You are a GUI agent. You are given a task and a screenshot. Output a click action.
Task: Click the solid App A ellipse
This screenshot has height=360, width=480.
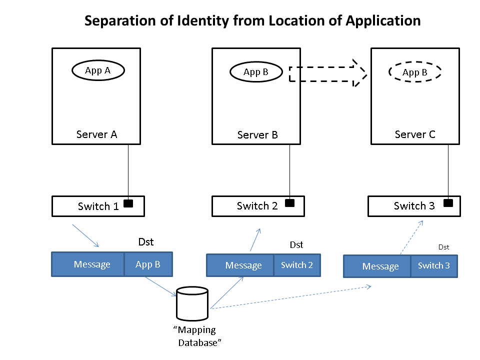98,70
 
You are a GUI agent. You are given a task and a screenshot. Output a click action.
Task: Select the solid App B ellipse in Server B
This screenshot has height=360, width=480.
255,72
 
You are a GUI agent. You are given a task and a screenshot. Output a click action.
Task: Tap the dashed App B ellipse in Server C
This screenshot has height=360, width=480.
415,72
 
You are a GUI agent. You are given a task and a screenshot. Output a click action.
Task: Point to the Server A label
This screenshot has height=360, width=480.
96,134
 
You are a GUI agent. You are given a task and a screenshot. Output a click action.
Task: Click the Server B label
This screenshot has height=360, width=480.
257,135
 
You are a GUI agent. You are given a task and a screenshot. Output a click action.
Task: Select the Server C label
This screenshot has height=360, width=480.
415,134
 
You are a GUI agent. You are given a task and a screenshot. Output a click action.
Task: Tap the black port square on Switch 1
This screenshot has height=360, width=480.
128,203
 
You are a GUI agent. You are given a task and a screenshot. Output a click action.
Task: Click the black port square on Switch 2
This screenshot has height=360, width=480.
289,203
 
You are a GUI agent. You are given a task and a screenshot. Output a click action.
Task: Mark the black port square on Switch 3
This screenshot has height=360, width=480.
448,203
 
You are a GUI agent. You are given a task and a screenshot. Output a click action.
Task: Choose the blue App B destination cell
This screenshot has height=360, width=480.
148,264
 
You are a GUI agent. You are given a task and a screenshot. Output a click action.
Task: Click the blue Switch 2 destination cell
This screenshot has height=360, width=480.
296,265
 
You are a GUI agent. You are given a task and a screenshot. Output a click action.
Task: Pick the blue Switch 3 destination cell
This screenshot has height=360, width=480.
433,266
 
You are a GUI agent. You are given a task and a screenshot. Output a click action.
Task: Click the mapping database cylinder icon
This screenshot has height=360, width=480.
192,304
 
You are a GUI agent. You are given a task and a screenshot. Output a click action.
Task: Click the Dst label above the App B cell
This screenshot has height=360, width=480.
146,242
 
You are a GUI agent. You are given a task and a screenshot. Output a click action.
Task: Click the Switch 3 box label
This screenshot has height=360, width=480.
414,206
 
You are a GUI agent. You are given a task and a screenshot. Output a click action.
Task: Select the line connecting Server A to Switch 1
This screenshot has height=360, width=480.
128,170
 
